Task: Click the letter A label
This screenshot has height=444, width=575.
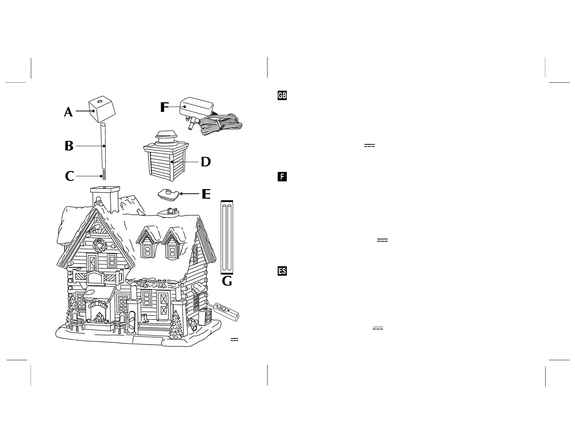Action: pyautogui.click(x=68, y=112)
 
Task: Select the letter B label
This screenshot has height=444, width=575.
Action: pyautogui.click(x=69, y=146)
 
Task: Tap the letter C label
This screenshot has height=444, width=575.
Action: pyautogui.click(x=69, y=177)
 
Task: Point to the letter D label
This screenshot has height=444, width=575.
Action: pyautogui.click(x=206, y=162)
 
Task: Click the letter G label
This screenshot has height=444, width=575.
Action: pyautogui.click(x=227, y=281)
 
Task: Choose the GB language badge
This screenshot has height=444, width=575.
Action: pyautogui.click(x=282, y=95)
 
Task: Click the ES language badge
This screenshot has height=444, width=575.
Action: pyautogui.click(x=282, y=271)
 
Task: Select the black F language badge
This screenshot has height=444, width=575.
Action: pyautogui.click(x=282, y=177)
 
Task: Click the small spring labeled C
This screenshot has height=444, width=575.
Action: pyautogui.click(x=104, y=174)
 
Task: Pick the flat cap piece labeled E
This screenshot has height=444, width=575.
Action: pyautogui.click(x=169, y=194)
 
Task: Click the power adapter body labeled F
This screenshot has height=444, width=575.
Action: pyautogui.click(x=195, y=107)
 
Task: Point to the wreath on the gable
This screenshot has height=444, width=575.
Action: pyautogui.click(x=98, y=245)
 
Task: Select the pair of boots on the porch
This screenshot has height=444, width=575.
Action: pyautogui.click(x=145, y=318)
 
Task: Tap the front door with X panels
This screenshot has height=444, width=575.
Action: pyautogui.click(x=163, y=307)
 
